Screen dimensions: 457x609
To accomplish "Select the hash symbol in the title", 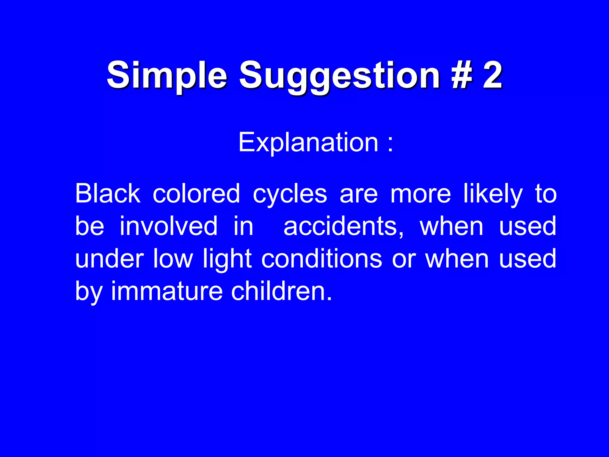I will coord(461,75).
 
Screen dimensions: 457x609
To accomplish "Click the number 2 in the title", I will coord(492,75).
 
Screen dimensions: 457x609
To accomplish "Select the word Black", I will coord(107,193).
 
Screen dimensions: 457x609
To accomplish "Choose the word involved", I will coord(168,226).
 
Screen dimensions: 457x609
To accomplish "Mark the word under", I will coord(109,259).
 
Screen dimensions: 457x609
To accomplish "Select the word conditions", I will coord(321,259).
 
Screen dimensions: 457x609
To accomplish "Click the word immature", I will coord(167,292).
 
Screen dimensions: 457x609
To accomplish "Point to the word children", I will coord(281,292).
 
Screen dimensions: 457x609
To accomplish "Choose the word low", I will coord(173,259).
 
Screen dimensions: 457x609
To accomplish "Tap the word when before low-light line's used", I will coord(457,259).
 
